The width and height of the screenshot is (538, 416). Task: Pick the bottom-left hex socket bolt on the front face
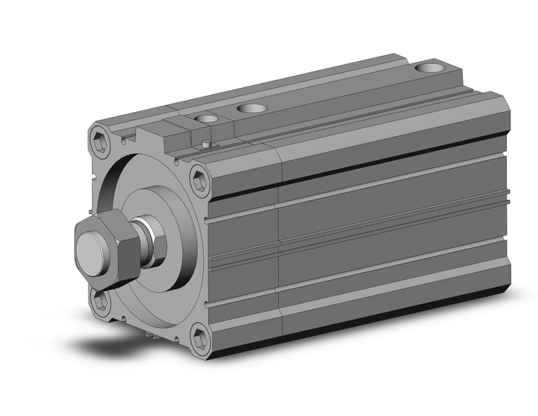(x=101, y=302)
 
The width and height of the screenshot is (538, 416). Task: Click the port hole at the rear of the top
(x=427, y=68)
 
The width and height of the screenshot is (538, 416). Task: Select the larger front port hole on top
(x=251, y=108)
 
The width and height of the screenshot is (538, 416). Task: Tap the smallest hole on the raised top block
(x=207, y=118)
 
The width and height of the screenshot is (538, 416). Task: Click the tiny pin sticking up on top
(x=205, y=144)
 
